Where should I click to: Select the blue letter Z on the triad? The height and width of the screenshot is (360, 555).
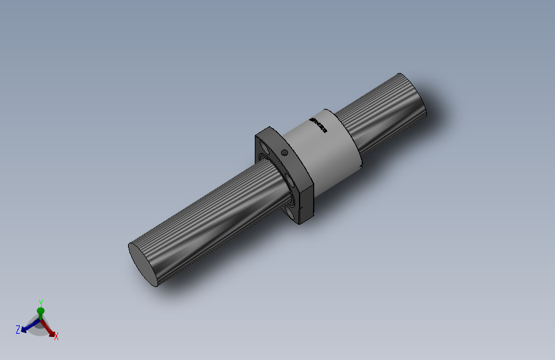click(18, 330)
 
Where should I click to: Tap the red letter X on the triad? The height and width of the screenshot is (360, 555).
click(56, 336)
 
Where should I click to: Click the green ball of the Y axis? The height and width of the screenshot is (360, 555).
click(40, 311)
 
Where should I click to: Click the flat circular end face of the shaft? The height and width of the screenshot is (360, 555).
click(143, 263)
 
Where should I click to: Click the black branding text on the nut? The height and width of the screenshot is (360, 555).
click(318, 126)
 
